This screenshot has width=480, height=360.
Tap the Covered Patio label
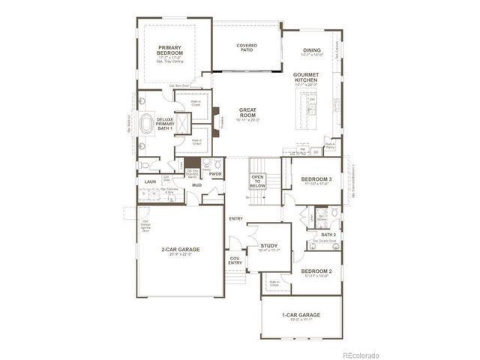click(x=247, y=48)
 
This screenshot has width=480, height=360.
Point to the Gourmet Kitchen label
click(x=307, y=78)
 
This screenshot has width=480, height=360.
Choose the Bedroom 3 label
click(x=316, y=179)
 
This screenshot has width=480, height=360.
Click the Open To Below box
click(x=256, y=181)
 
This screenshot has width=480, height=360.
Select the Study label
click(x=269, y=247)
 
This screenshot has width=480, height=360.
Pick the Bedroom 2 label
click(x=316, y=271)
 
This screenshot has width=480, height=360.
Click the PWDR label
click(x=216, y=174)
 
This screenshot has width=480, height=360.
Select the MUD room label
click(x=196, y=184)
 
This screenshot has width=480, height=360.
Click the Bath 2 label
click(x=328, y=235)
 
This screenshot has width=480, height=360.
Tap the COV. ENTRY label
click(x=235, y=260)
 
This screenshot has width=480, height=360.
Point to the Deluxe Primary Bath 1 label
click(x=165, y=123)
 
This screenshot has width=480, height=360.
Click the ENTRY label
click(x=235, y=219)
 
